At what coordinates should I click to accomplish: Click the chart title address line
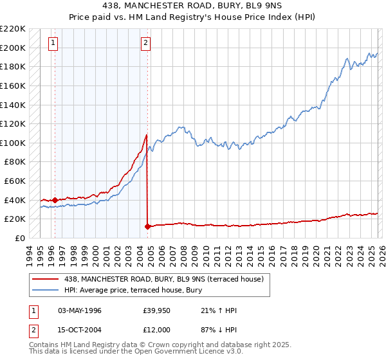[x=192, y=6]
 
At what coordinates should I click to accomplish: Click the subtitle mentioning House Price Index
[x=192, y=17]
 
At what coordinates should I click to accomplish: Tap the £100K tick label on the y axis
[x=13, y=143]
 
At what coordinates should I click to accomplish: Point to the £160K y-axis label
[x=13, y=85]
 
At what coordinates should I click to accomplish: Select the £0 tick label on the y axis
[x=19, y=238]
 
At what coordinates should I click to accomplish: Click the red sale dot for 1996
[x=55, y=200]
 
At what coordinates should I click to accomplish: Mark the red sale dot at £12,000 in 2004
[x=147, y=226]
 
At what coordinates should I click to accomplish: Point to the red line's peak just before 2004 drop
[x=147, y=135]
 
